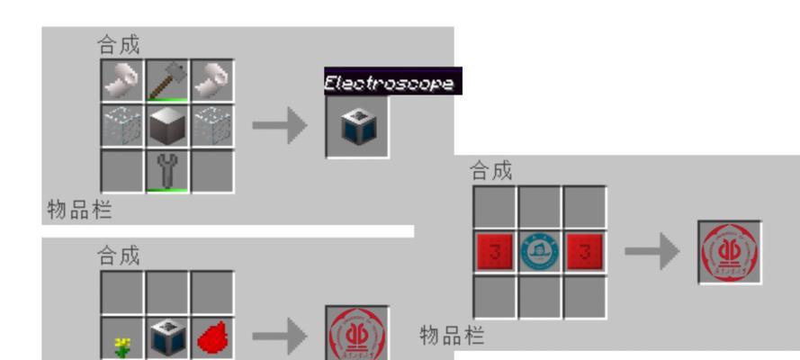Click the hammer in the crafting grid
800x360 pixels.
click(x=166, y=80)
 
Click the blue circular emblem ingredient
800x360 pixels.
click(x=540, y=253)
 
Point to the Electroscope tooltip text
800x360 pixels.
click(x=392, y=83)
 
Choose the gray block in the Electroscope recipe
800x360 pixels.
click(x=166, y=125)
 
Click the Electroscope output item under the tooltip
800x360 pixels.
click(x=357, y=127)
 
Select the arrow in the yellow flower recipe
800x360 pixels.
click(x=280, y=338)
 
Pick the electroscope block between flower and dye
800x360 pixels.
click(x=166, y=338)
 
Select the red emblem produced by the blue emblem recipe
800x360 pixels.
click(x=730, y=253)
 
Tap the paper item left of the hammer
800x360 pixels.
click(x=121, y=80)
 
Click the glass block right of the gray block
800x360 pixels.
click(x=211, y=125)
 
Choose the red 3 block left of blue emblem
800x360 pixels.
click(x=495, y=253)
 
